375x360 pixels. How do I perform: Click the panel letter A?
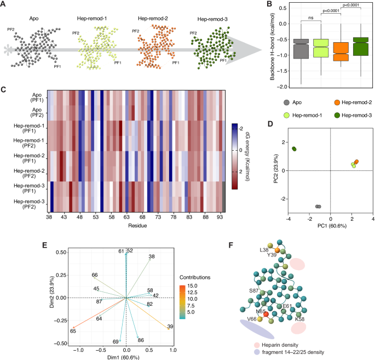pyautogui.click(x=4, y=5)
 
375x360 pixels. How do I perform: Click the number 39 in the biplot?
pyautogui.click(x=170, y=327)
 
